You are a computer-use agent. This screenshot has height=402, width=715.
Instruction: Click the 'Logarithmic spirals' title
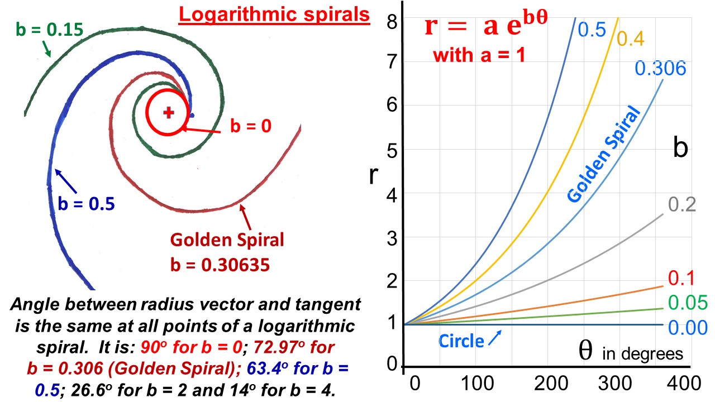tap(274, 15)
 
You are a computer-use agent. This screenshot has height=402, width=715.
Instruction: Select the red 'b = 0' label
tap(251, 126)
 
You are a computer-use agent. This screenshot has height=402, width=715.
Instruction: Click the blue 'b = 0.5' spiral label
tap(87, 204)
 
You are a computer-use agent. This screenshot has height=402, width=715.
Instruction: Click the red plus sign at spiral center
tap(168, 113)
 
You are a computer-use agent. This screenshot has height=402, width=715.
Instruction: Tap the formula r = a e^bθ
tap(485, 27)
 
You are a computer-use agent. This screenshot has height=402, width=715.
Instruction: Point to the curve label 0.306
tap(660, 68)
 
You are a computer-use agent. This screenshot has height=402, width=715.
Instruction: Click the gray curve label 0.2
tap(681, 205)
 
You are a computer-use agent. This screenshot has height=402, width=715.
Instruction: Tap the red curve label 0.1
tap(680, 277)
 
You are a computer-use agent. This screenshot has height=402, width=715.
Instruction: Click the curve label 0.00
tap(688, 327)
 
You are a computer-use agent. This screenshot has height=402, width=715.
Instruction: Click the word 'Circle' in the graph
tap(461, 341)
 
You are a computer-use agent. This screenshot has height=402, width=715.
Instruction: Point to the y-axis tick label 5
tap(392, 150)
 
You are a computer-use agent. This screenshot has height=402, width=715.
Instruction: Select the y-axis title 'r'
tap(374, 174)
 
